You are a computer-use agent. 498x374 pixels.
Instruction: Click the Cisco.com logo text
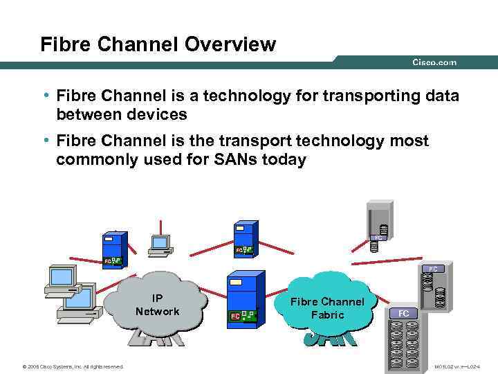[434, 62]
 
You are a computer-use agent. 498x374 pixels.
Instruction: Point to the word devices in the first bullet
[163, 114]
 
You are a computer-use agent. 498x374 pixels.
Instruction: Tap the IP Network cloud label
[157, 305]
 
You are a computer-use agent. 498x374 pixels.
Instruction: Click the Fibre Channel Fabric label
[326, 308]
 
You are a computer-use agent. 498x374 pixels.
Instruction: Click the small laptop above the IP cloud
[160, 244]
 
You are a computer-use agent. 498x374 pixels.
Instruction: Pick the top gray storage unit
[379, 223]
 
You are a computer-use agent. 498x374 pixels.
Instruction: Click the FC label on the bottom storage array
[404, 313]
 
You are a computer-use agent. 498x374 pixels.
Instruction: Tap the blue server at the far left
[112, 248]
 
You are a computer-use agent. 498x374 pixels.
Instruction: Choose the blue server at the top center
[245, 238]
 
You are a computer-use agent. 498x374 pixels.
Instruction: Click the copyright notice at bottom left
[73, 366]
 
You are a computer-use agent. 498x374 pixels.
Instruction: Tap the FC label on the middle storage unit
[432, 268]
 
